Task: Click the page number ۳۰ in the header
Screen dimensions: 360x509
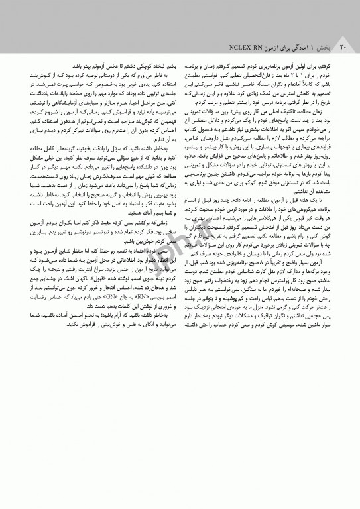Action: pos(343,48)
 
